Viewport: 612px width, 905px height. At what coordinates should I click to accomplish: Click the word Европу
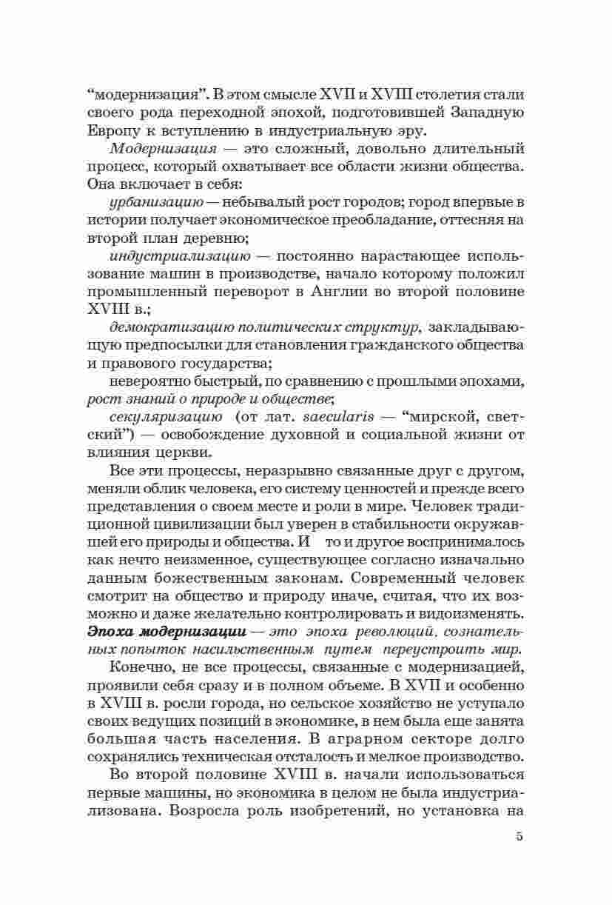tap(111, 130)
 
